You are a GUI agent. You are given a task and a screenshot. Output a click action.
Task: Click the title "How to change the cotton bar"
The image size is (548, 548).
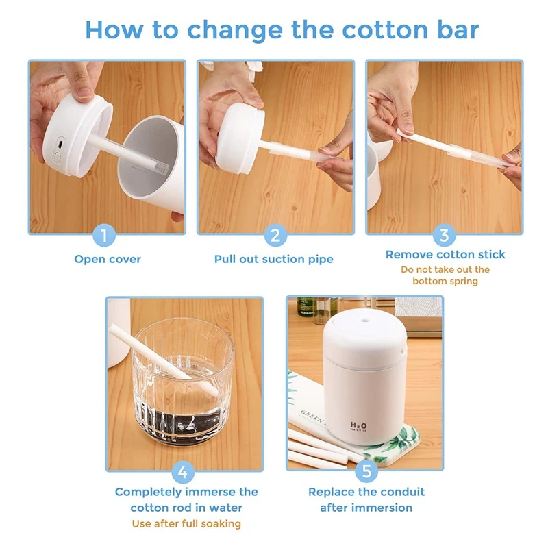[282, 30]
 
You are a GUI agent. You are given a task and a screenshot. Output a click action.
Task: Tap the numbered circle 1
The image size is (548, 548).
[104, 235]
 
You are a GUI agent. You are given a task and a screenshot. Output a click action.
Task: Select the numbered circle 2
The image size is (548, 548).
[275, 235]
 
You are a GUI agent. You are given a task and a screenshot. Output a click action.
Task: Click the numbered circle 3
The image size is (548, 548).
[444, 235]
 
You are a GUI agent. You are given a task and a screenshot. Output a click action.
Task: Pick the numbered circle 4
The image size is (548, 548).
[183, 472]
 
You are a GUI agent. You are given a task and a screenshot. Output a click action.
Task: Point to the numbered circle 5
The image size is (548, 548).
[366, 471]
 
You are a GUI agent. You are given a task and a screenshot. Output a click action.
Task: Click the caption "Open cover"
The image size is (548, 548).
[108, 260]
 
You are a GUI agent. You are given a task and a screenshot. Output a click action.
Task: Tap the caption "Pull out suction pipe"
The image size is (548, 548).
[273, 260]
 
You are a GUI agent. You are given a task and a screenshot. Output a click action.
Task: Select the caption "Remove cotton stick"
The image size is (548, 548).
[445, 254]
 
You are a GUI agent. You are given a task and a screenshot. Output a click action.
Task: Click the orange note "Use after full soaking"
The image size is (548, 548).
[186, 523]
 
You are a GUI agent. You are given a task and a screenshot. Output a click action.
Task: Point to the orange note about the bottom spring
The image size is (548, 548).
[445, 275]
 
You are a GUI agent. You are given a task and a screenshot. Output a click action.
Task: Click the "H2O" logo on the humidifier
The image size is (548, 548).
[358, 425]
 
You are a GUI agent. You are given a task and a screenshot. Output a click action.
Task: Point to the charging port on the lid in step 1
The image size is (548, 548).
[61, 144]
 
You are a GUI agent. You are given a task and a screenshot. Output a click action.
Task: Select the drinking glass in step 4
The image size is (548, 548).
[183, 383]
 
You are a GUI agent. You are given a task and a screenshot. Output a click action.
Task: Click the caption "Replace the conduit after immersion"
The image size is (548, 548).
[366, 499]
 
